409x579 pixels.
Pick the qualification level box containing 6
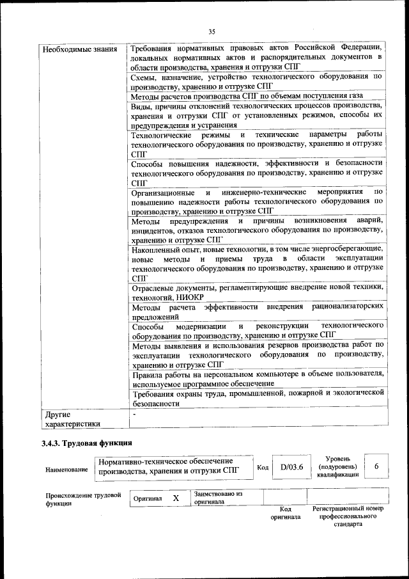click(376, 467)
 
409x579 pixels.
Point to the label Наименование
click(66, 470)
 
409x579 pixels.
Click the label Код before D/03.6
click(262, 468)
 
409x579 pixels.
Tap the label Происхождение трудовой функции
click(83, 499)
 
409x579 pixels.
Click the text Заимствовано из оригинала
click(218, 498)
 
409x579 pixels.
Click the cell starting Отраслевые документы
click(256, 293)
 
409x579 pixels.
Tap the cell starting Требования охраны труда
click(256, 398)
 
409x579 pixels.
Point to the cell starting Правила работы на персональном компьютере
click(256, 377)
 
